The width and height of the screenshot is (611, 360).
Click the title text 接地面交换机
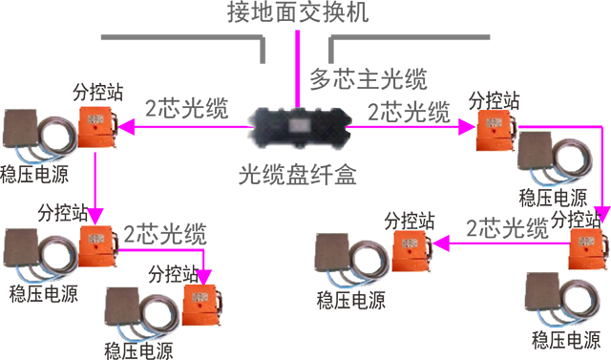click(x=298, y=11)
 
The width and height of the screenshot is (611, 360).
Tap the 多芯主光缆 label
click(x=369, y=79)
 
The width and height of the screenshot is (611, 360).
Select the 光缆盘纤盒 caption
click(x=297, y=174)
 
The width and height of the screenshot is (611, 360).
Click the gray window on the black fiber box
click(x=300, y=125)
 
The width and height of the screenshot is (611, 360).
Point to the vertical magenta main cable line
click(x=297, y=69)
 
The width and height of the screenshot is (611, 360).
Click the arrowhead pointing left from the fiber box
click(x=127, y=127)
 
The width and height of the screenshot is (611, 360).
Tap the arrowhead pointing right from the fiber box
click(x=467, y=127)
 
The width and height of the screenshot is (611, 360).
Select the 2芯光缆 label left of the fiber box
click(x=187, y=108)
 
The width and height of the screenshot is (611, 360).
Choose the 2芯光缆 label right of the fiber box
click(x=410, y=113)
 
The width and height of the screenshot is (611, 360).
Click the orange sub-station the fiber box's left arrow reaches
click(x=98, y=126)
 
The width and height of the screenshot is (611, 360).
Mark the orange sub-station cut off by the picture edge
click(x=589, y=248)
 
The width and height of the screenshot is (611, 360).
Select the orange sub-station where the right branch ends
click(x=413, y=250)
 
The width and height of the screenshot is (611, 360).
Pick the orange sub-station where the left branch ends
click(x=202, y=305)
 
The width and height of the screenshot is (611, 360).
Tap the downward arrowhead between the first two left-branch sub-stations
click(x=95, y=216)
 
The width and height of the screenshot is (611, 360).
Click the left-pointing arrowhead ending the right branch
click(x=441, y=244)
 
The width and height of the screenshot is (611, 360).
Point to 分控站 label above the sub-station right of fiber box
click(x=495, y=100)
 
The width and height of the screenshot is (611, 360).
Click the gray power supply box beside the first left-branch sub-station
click(x=20, y=128)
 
